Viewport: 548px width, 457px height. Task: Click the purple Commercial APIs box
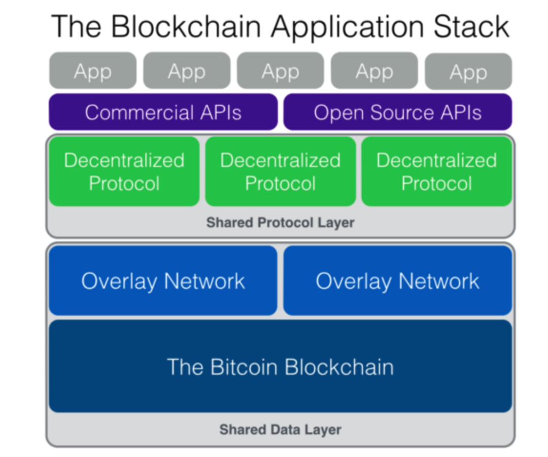(x=163, y=112)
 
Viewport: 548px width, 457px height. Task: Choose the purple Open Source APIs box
(x=397, y=112)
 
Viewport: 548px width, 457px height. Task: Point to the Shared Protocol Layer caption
(x=280, y=223)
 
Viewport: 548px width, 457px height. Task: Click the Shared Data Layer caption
(x=280, y=430)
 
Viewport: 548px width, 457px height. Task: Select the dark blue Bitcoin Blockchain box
(x=280, y=366)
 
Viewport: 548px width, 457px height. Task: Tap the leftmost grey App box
(x=92, y=72)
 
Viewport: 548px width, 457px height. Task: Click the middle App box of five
(x=280, y=72)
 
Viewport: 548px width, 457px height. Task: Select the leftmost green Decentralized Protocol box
(x=124, y=171)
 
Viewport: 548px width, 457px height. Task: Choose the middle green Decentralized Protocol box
(x=280, y=171)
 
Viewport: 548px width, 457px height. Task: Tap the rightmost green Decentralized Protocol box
(x=436, y=171)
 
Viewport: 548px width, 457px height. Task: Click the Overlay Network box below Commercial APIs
(x=163, y=281)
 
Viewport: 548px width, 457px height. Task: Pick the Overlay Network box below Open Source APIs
(x=397, y=281)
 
